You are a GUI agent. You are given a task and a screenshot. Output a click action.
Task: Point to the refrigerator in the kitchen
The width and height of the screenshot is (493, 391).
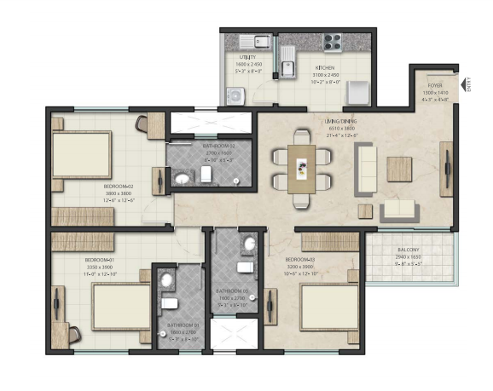tap(358, 90)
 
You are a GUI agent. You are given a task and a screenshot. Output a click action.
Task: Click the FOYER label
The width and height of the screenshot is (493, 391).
tap(435, 85)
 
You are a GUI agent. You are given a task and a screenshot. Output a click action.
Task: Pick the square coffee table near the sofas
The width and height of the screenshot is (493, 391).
tap(399, 169)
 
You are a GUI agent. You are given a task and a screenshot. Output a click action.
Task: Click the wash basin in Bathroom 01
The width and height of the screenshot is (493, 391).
tap(167, 279)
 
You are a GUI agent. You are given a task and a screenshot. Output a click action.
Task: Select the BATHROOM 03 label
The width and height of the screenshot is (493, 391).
tap(231, 290)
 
